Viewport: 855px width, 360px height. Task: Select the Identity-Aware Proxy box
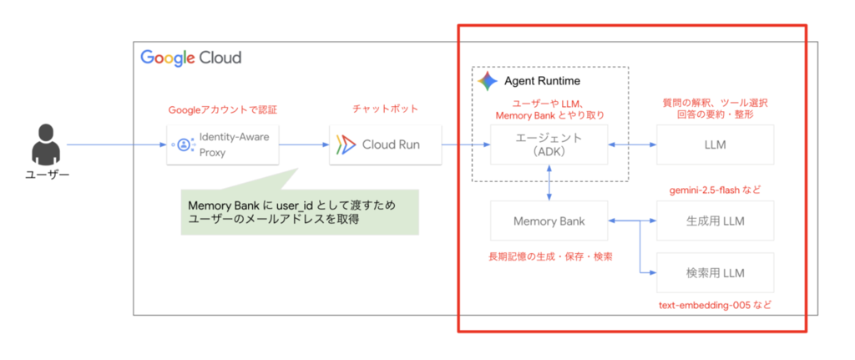click(222, 145)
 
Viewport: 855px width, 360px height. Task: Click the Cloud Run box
click(386, 145)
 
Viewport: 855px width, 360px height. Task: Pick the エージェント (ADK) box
click(549, 145)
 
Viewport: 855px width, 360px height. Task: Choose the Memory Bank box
click(549, 221)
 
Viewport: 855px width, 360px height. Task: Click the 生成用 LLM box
click(715, 221)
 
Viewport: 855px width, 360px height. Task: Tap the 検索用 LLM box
click(715, 273)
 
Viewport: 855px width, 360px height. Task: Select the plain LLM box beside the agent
click(715, 145)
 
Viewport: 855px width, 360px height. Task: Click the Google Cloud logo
click(191, 58)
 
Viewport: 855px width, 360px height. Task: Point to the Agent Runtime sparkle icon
click(488, 81)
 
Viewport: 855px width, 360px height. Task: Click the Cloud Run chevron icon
click(346, 145)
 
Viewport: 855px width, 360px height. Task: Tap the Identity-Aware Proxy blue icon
click(183, 145)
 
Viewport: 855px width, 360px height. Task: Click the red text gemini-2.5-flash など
click(715, 190)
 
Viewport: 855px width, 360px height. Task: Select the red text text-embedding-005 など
click(715, 305)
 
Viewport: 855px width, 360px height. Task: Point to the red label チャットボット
click(386, 109)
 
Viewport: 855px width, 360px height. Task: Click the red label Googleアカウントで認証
click(222, 109)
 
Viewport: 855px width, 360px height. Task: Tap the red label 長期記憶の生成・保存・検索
click(549, 256)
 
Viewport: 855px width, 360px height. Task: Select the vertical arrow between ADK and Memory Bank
click(549, 183)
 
